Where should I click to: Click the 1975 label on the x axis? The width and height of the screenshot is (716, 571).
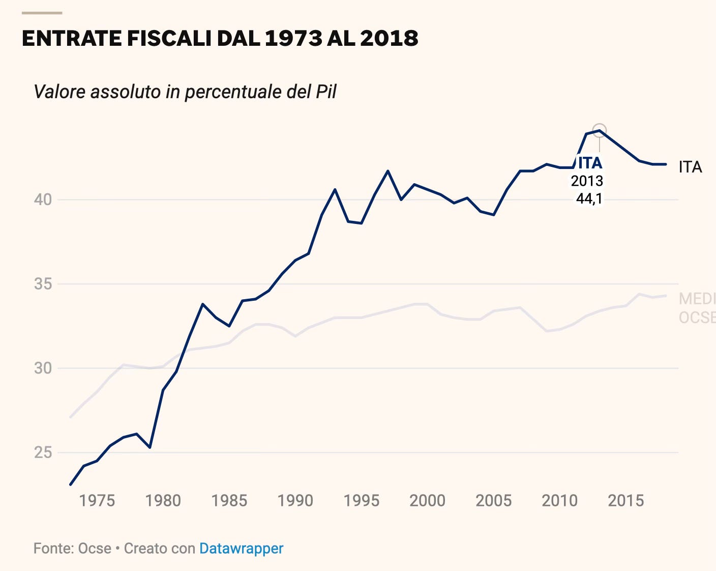point(97,500)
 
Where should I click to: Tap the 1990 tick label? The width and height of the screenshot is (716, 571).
point(295,500)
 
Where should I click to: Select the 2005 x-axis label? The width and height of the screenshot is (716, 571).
point(493,500)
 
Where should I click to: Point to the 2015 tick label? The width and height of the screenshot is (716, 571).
point(625,500)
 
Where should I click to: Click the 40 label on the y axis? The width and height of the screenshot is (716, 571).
point(43,199)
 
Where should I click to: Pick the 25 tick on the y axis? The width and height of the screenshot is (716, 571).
point(43,452)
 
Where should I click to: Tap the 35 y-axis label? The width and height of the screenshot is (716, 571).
point(43,284)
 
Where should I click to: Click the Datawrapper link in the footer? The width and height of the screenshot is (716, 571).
point(241,548)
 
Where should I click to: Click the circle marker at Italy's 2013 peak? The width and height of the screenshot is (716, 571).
point(600,130)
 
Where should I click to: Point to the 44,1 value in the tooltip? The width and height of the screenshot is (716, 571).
point(589,198)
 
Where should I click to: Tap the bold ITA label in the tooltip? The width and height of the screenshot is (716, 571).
point(590,163)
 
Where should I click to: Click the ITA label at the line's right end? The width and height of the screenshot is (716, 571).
point(690,167)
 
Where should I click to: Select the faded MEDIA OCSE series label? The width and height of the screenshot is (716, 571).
point(697,308)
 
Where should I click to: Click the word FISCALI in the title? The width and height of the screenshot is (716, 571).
point(168,39)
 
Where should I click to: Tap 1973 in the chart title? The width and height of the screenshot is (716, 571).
point(293,39)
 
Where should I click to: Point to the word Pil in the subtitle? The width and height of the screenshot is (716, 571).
point(325,92)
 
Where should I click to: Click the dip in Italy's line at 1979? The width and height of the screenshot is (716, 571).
point(150,447)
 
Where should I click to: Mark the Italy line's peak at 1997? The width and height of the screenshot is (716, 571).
point(388,171)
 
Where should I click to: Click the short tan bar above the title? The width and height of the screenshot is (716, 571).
point(42,13)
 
